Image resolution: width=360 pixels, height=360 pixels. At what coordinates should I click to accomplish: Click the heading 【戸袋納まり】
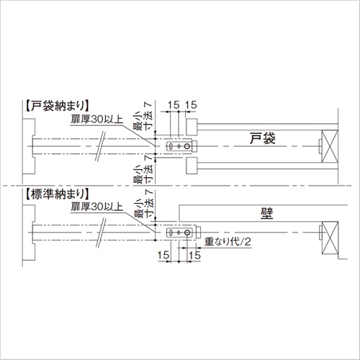click(58, 106)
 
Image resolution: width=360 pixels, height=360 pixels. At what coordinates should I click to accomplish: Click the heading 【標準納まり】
click(58, 194)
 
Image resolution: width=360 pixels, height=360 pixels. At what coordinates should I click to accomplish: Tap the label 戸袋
click(263, 138)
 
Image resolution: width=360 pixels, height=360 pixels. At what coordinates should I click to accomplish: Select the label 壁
click(266, 213)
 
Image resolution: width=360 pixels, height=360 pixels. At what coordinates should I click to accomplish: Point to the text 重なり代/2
click(228, 241)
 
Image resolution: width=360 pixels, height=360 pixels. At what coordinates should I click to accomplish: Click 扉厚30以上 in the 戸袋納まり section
click(96, 120)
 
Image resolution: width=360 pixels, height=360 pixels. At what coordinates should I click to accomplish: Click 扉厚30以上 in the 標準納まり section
click(96, 207)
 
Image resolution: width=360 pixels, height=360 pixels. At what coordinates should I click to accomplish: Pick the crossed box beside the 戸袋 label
click(330, 146)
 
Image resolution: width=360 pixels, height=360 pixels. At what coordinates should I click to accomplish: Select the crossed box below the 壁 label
click(330, 238)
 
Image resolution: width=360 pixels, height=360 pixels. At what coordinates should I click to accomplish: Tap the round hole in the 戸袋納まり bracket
click(187, 146)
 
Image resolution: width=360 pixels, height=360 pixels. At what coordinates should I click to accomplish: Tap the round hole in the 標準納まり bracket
click(187, 233)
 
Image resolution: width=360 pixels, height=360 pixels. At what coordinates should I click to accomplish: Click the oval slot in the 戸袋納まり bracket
click(171, 146)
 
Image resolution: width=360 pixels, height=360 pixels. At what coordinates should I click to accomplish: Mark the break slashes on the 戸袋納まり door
click(101, 146)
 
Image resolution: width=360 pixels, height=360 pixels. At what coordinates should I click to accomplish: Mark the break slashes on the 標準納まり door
click(101, 233)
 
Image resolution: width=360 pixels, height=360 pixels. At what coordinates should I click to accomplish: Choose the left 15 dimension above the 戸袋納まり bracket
click(174, 105)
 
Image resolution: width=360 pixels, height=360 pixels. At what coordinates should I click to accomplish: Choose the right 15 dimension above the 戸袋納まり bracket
click(191, 105)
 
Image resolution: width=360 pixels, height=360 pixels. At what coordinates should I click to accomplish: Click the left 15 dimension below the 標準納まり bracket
click(163, 256)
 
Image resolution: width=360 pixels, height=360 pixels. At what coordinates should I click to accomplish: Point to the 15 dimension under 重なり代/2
click(194, 256)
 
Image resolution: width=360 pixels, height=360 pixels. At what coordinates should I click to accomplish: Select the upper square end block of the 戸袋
click(192, 127)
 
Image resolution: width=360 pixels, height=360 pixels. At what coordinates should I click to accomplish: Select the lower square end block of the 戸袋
click(192, 166)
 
